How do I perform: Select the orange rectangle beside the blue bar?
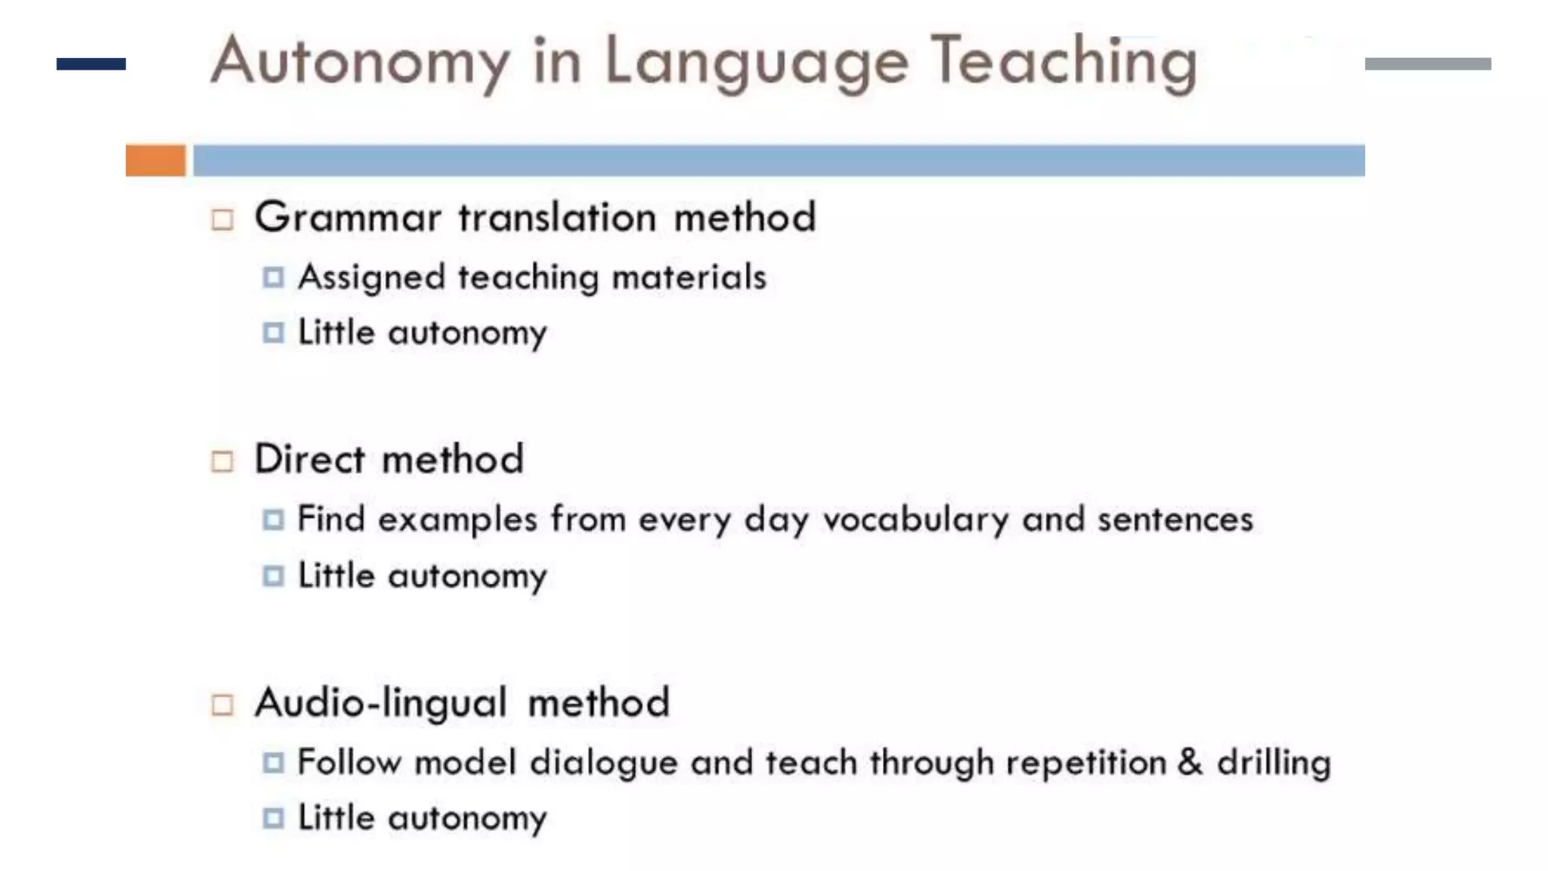coord(156,160)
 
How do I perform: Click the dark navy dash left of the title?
coord(91,64)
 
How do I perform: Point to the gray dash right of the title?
coord(1428,64)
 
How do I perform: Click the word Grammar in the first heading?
coord(348,218)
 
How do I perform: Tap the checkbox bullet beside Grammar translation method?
coord(222,219)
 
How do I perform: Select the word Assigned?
coord(371,277)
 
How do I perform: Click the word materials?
coord(689,277)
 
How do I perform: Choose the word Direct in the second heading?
coord(310,459)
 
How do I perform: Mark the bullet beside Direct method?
coord(222,461)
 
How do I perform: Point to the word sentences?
coord(1175,520)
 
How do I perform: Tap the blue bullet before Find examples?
coord(273,519)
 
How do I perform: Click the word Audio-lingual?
coord(380,703)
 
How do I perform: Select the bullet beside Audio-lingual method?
coord(222,705)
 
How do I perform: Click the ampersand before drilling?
coord(1190,761)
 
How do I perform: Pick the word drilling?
coord(1274,763)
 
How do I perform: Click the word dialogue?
coord(603,763)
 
